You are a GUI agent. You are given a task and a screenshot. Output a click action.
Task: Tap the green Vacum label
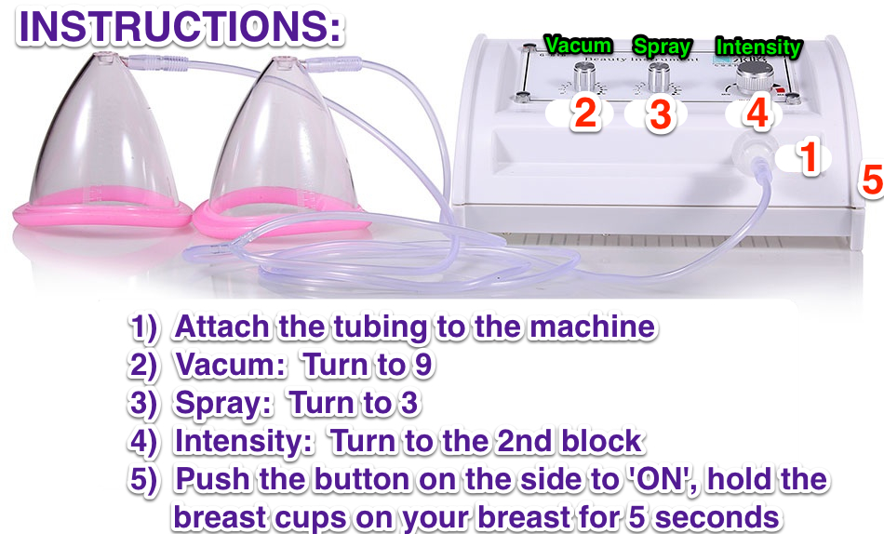[x=578, y=45]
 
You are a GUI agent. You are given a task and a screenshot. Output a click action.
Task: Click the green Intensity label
[x=757, y=45]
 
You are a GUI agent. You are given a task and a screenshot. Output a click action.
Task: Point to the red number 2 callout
[x=584, y=113]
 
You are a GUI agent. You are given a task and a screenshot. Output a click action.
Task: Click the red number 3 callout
[x=659, y=115]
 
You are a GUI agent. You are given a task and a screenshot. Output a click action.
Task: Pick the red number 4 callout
[x=757, y=113]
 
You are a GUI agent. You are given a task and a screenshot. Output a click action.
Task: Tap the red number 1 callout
[x=810, y=158]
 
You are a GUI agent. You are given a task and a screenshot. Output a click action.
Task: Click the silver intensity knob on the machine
[x=748, y=75]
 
